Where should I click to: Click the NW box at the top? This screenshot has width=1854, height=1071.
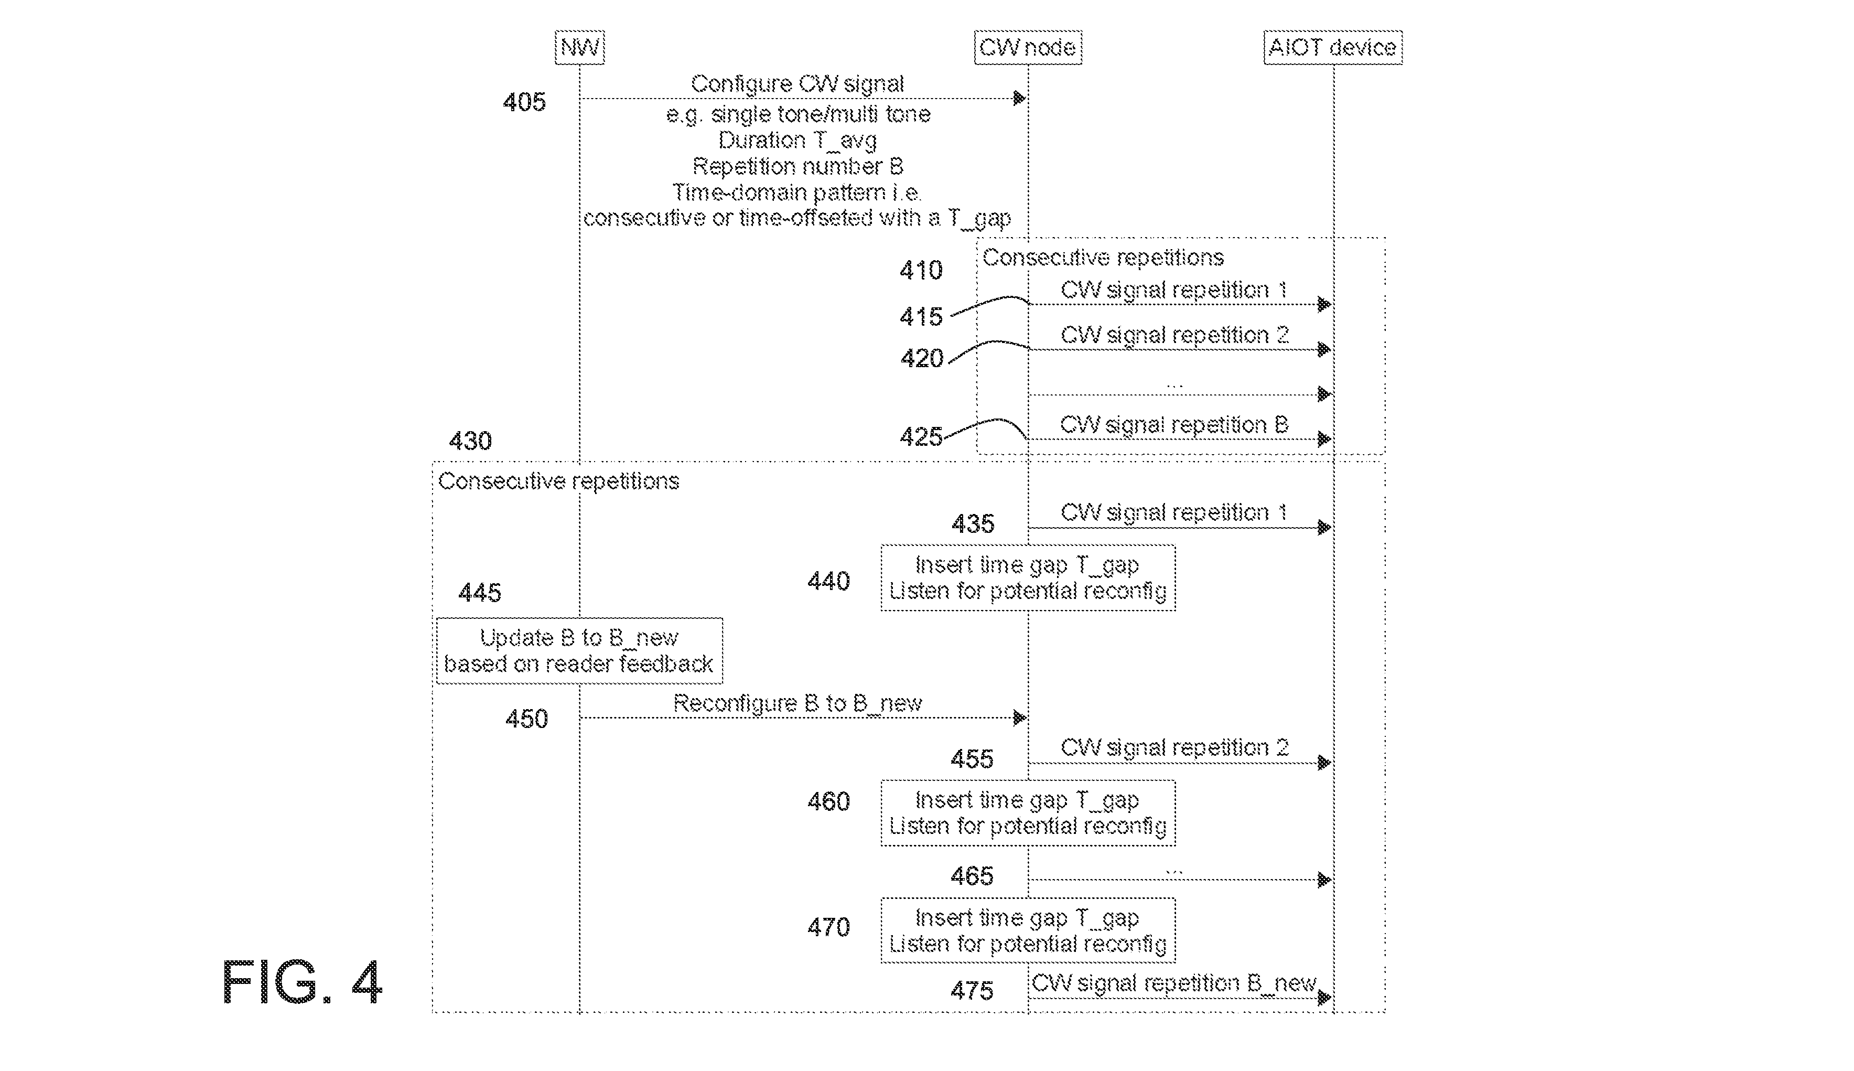tap(579, 47)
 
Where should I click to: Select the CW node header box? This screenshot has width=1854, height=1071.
tap(1028, 47)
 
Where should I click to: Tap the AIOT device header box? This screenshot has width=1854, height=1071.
tap(1333, 47)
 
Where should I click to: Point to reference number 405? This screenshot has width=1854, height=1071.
tap(524, 102)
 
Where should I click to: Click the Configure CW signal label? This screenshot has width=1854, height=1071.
tap(797, 84)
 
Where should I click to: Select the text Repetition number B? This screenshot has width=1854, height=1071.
tap(797, 166)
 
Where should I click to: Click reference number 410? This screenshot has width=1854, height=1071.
tap(921, 271)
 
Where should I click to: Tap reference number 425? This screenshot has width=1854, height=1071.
tap(921, 437)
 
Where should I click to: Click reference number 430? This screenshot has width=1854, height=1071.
tap(470, 441)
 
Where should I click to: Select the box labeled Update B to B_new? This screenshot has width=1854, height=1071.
tap(579, 650)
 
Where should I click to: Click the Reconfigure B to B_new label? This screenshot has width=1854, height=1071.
tap(797, 703)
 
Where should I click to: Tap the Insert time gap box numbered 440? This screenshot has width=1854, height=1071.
tap(1028, 577)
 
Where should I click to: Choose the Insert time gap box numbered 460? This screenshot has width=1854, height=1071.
tap(1028, 813)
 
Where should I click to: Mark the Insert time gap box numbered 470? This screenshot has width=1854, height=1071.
tap(1028, 930)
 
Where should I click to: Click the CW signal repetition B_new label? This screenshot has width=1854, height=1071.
tap(1174, 983)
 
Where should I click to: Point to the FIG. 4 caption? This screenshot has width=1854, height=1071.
tap(302, 982)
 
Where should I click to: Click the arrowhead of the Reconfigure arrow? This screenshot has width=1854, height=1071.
tap(1020, 717)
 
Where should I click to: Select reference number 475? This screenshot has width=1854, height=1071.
tap(972, 991)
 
